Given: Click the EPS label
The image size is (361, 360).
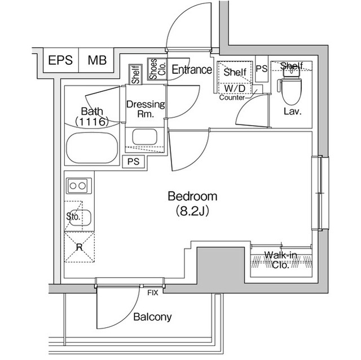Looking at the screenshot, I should point(60,61).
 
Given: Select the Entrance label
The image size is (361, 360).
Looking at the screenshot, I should point(191,70).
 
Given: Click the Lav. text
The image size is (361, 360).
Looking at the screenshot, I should point(292,111).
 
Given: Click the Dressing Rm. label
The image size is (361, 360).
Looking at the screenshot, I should point(145,109).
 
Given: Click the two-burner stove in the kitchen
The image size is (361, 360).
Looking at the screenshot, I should point(78,185).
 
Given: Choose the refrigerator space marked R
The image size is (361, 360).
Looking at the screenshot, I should point(79,247).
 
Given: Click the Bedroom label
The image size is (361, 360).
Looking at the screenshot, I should point(192,197).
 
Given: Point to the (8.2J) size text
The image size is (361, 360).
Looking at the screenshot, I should point(192,212).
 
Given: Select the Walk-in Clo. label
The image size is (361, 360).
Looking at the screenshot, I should point(280,260).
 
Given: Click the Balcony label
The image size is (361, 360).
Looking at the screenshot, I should point(152,317).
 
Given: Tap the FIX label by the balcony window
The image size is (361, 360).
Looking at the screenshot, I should point(152,292).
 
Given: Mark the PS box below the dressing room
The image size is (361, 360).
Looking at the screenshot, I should point(133,162).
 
